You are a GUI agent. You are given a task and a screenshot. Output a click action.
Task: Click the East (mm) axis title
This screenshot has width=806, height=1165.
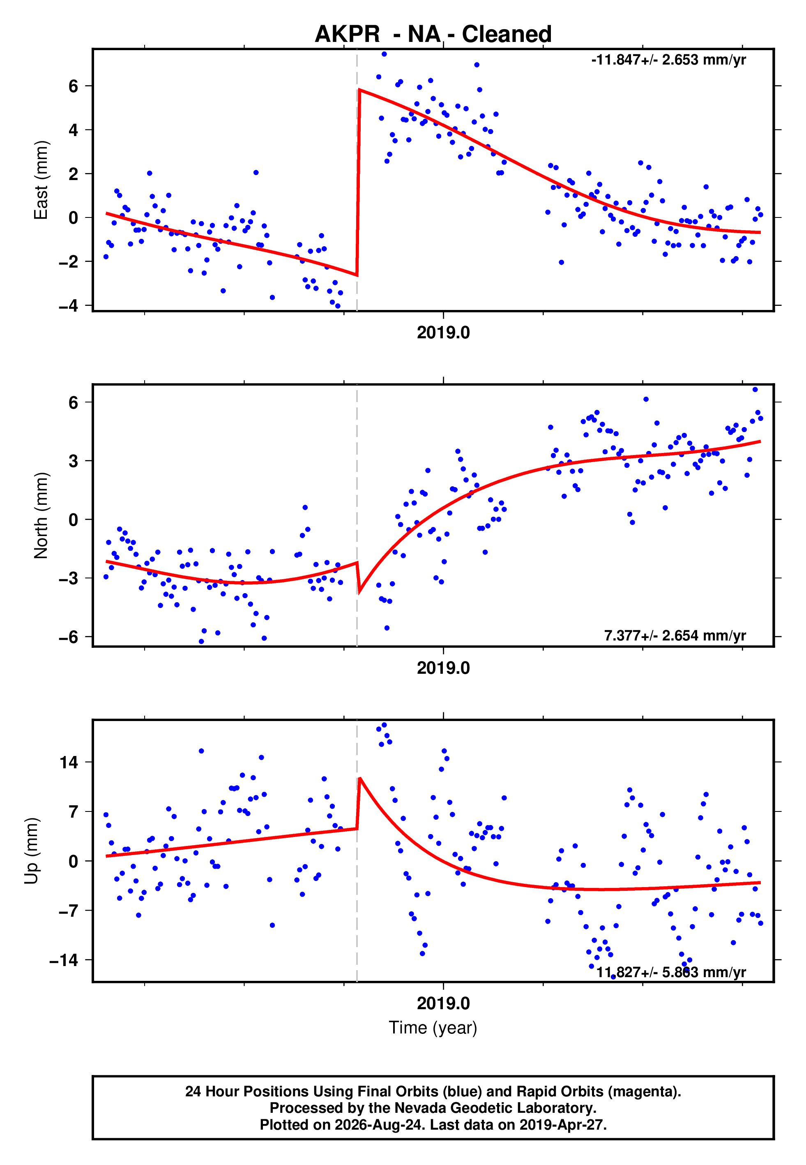click(x=41, y=180)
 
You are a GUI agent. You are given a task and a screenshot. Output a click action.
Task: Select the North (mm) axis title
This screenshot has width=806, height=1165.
click(x=41, y=515)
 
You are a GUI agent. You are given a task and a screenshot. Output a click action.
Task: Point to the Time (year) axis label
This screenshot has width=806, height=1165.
click(x=433, y=1028)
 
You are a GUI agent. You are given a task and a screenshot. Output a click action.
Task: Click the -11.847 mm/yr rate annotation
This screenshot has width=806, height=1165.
click(x=669, y=60)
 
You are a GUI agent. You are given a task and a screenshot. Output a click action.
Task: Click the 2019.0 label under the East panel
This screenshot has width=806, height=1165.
click(x=443, y=333)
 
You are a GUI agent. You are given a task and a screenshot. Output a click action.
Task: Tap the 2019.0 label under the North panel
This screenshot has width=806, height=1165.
click(x=443, y=668)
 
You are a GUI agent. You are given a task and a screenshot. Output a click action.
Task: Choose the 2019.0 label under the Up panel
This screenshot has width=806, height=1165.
click(x=443, y=1004)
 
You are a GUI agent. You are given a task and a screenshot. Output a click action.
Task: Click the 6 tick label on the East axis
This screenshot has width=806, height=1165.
click(x=74, y=86)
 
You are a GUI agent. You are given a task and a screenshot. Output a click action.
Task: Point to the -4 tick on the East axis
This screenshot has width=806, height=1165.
click(x=69, y=306)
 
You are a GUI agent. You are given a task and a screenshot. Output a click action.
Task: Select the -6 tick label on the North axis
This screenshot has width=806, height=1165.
click(x=69, y=637)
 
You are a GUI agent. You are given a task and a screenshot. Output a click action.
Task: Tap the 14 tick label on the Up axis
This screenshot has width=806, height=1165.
click(x=69, y=763)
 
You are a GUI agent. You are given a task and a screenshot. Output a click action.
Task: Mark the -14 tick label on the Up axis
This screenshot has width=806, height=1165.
click(x=64, y=960)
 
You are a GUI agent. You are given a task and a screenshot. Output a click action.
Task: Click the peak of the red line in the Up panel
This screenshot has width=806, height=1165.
click(x=359, y=779)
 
